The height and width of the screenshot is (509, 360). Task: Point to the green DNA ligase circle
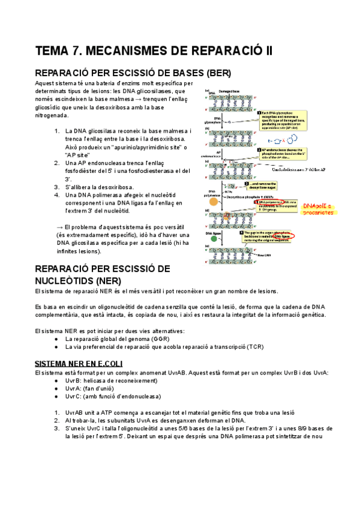pos(214,245)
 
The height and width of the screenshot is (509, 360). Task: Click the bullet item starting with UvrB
pos(111,381)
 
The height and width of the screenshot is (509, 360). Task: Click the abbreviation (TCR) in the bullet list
pos(256,347)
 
